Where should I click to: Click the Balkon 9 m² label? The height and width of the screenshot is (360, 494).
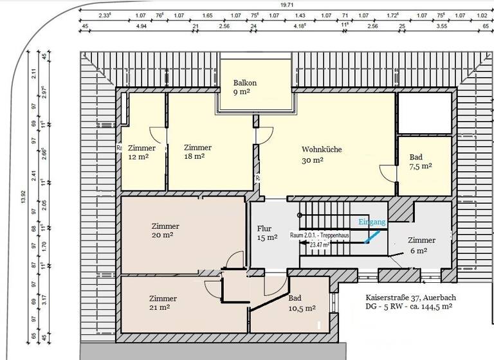pyautogui.click(x=245, y=87)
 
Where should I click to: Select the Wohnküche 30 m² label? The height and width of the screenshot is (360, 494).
pyautogui.click(x=322, y=155)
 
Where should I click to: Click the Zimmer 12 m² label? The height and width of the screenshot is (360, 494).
pyautogui.click(x=142, y=152)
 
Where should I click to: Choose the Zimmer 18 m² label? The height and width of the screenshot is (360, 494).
pyautogui.click(x=197, y=152)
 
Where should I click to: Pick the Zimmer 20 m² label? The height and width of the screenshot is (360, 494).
pyautogui.click(x=165, y=230)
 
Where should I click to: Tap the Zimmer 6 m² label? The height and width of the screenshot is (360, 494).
pyautogui.click(x=421, y=244)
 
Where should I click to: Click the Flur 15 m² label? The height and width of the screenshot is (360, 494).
pyautogui.click(x=267, y=233)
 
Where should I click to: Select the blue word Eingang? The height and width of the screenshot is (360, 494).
pyautogui.click(x=372, y=222)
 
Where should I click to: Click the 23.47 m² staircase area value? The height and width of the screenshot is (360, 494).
pyautogui.click(x=320, y=244)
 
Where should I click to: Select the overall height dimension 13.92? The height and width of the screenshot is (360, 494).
pyautogui.click(x=23, y=197)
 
